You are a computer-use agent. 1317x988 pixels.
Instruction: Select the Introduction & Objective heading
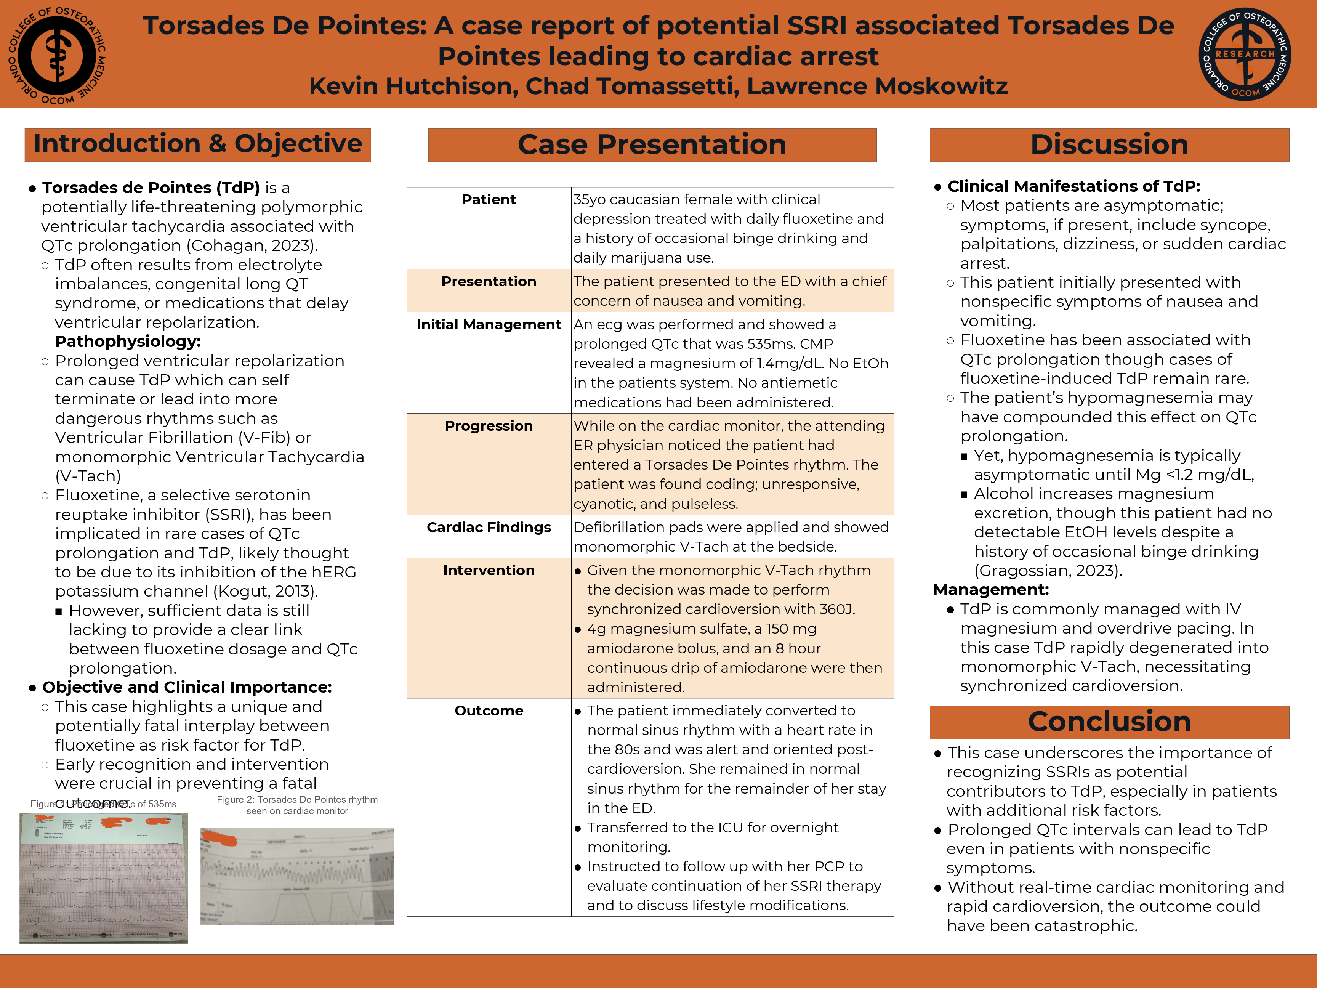point(198,144)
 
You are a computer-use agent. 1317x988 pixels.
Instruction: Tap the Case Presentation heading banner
point(652,145)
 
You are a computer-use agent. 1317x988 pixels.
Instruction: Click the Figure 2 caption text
point(297,805)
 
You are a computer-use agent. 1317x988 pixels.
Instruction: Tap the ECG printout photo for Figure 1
point(104,879)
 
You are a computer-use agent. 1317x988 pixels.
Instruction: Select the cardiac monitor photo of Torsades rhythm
point(297,876)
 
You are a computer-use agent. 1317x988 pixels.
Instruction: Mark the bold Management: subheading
point(991,590)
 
